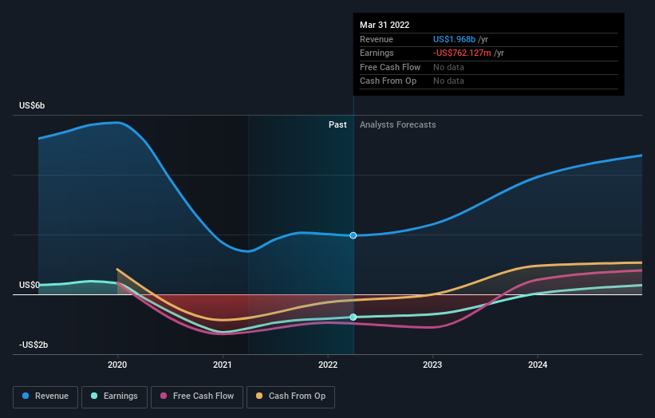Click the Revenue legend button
click(46, 396)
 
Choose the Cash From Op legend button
click(290, 396)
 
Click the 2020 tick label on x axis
click(117, 365)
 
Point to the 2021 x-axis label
click(223, 365)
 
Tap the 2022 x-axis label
click(327, 365)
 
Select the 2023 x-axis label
click(432, 365)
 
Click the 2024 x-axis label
click(538, 365)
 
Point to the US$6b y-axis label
click(33, 106)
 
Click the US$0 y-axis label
click(30, 285)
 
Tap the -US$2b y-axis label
click(34, 345)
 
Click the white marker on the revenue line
click(353, 235)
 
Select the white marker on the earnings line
click(353, 317)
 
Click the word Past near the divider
click(337, 124)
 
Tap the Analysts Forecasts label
click(397, 124)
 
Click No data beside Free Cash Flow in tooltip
click(448, 67)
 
